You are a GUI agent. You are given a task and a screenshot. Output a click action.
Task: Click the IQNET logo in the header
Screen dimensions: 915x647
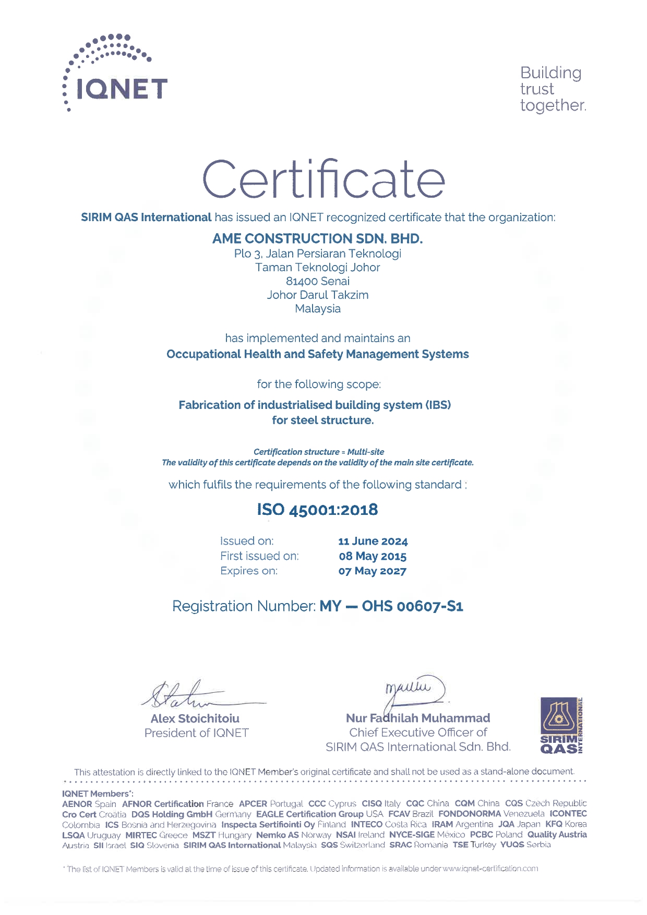116,74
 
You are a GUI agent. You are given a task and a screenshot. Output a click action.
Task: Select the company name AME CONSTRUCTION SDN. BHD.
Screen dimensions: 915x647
317,238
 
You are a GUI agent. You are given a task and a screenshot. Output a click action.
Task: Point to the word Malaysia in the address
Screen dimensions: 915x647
317,308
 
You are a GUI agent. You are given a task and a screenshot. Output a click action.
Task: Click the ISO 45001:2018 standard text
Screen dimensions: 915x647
317,510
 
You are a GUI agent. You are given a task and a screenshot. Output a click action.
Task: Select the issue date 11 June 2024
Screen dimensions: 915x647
373,541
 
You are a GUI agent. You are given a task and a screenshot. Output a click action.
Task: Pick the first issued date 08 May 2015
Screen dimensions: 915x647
373,556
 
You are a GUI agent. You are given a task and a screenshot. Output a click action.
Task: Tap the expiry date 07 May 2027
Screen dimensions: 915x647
373,571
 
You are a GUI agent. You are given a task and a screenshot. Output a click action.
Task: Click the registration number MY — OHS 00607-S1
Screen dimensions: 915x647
391,606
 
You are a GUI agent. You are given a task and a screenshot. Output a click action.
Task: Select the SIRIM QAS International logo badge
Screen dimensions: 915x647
561,726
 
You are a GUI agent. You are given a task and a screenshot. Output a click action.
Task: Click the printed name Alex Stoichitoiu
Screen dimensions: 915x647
195,718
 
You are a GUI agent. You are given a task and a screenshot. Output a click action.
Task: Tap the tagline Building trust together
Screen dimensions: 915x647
553,89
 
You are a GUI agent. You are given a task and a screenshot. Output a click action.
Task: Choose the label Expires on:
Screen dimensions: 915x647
249,571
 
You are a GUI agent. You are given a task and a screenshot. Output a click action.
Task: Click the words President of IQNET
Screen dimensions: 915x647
197,733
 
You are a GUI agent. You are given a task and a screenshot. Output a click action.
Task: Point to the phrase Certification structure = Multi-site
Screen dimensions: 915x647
318,452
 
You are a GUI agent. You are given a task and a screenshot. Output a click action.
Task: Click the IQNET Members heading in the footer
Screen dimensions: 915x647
98,793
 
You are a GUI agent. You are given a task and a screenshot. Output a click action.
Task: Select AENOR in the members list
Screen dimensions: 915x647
77,804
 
